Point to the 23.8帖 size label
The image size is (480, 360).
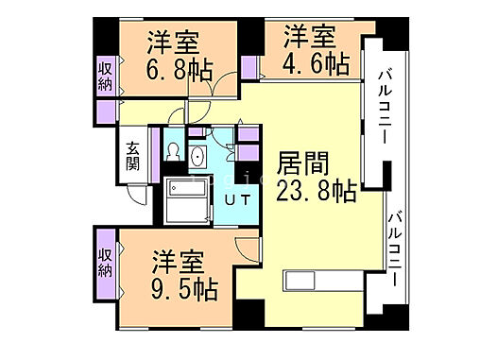[x=316, y=190]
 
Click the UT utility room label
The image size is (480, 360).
[x=236, y=198]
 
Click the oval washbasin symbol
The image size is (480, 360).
[x=199, y=157]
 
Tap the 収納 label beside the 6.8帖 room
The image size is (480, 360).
[x=105, y=77]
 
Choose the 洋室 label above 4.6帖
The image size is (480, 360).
[x=311, y=38]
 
